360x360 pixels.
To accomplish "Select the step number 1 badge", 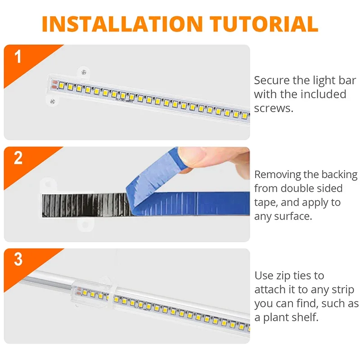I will (18, 57).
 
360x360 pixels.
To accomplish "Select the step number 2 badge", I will (18, 158).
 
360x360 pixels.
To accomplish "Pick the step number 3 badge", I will (18, 260).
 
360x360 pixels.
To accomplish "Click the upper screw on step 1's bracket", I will (82, 70).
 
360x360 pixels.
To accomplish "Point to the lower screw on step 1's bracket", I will (53, 100).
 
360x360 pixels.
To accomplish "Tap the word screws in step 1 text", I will (274, 108).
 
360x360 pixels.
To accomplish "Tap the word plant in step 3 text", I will (278, 317).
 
